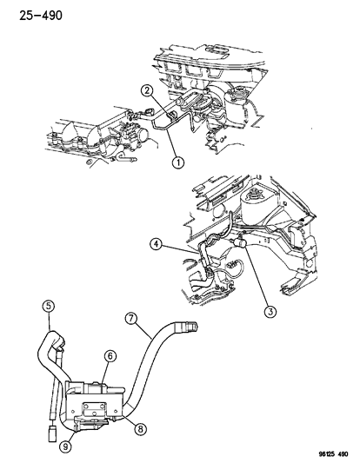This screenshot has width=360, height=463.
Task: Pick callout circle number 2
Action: click(x=149, y=91)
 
